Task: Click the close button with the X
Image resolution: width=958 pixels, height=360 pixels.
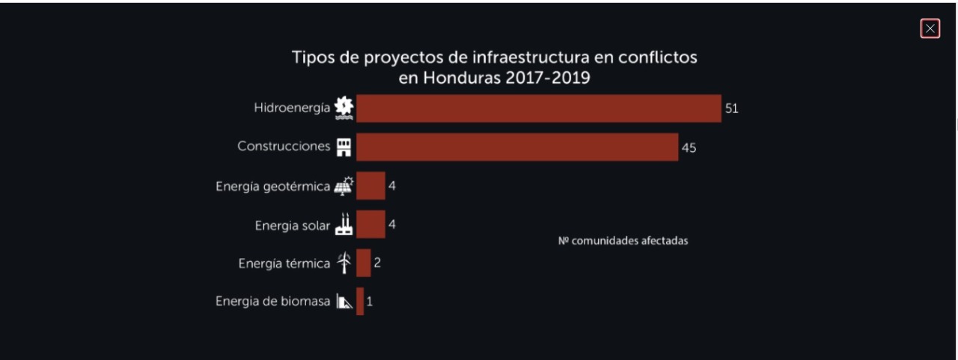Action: (x=930, y=28)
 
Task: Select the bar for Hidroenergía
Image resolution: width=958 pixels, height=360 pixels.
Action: (x=538, y=108)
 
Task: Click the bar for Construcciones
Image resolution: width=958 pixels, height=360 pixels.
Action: (x=517, y=147)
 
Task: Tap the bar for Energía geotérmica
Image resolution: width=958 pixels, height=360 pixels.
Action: (x=370, y=186)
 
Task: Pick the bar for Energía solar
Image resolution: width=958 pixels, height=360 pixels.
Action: (x=370, y=225)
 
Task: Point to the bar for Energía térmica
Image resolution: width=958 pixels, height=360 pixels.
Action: (x=364, y=263)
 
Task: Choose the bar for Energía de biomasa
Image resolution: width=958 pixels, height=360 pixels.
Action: (x=360, y=302)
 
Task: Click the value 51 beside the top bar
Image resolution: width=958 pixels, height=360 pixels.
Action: (x=731, y=109)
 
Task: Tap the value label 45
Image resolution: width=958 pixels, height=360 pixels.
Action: (x=689, y=147)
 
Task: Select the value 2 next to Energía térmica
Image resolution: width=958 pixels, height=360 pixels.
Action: (x=377, y=263)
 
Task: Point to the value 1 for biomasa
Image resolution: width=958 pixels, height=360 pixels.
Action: (x=370, y=302)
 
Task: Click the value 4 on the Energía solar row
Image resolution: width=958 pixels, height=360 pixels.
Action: (x=391, y=225)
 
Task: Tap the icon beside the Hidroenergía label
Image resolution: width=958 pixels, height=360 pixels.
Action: (x=344, y=108)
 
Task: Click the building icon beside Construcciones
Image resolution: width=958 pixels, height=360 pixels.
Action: (x=344, y=147)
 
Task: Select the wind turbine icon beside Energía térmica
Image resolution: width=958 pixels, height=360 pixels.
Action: (x=344, y=263)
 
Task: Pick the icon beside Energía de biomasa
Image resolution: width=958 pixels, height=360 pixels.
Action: (x=344, y=302)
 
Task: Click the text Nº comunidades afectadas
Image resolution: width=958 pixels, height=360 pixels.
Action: (x=623, y=241)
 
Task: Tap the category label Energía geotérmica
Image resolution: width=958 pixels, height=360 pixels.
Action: (x=272, y=186)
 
